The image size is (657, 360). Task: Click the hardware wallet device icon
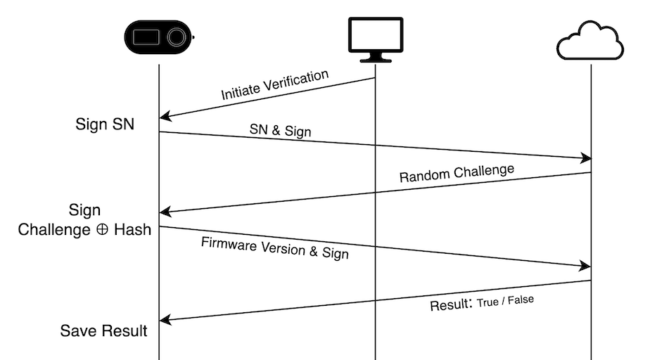[159, 36]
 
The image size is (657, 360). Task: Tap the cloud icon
[590, 41]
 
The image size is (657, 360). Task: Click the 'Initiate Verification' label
[274, 85]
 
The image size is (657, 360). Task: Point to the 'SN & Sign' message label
[280, 131]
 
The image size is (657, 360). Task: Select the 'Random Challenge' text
[457, 173]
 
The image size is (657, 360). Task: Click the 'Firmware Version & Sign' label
[275, 248]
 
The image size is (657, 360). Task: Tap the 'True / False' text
[505, 301]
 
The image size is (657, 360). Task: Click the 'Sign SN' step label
[105, 124]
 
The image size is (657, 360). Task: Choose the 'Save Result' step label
[103, 330]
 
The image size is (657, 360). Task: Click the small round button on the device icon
[175, 36]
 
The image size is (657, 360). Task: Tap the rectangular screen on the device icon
[147, 36]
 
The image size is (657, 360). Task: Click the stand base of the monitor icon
[376, 60]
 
